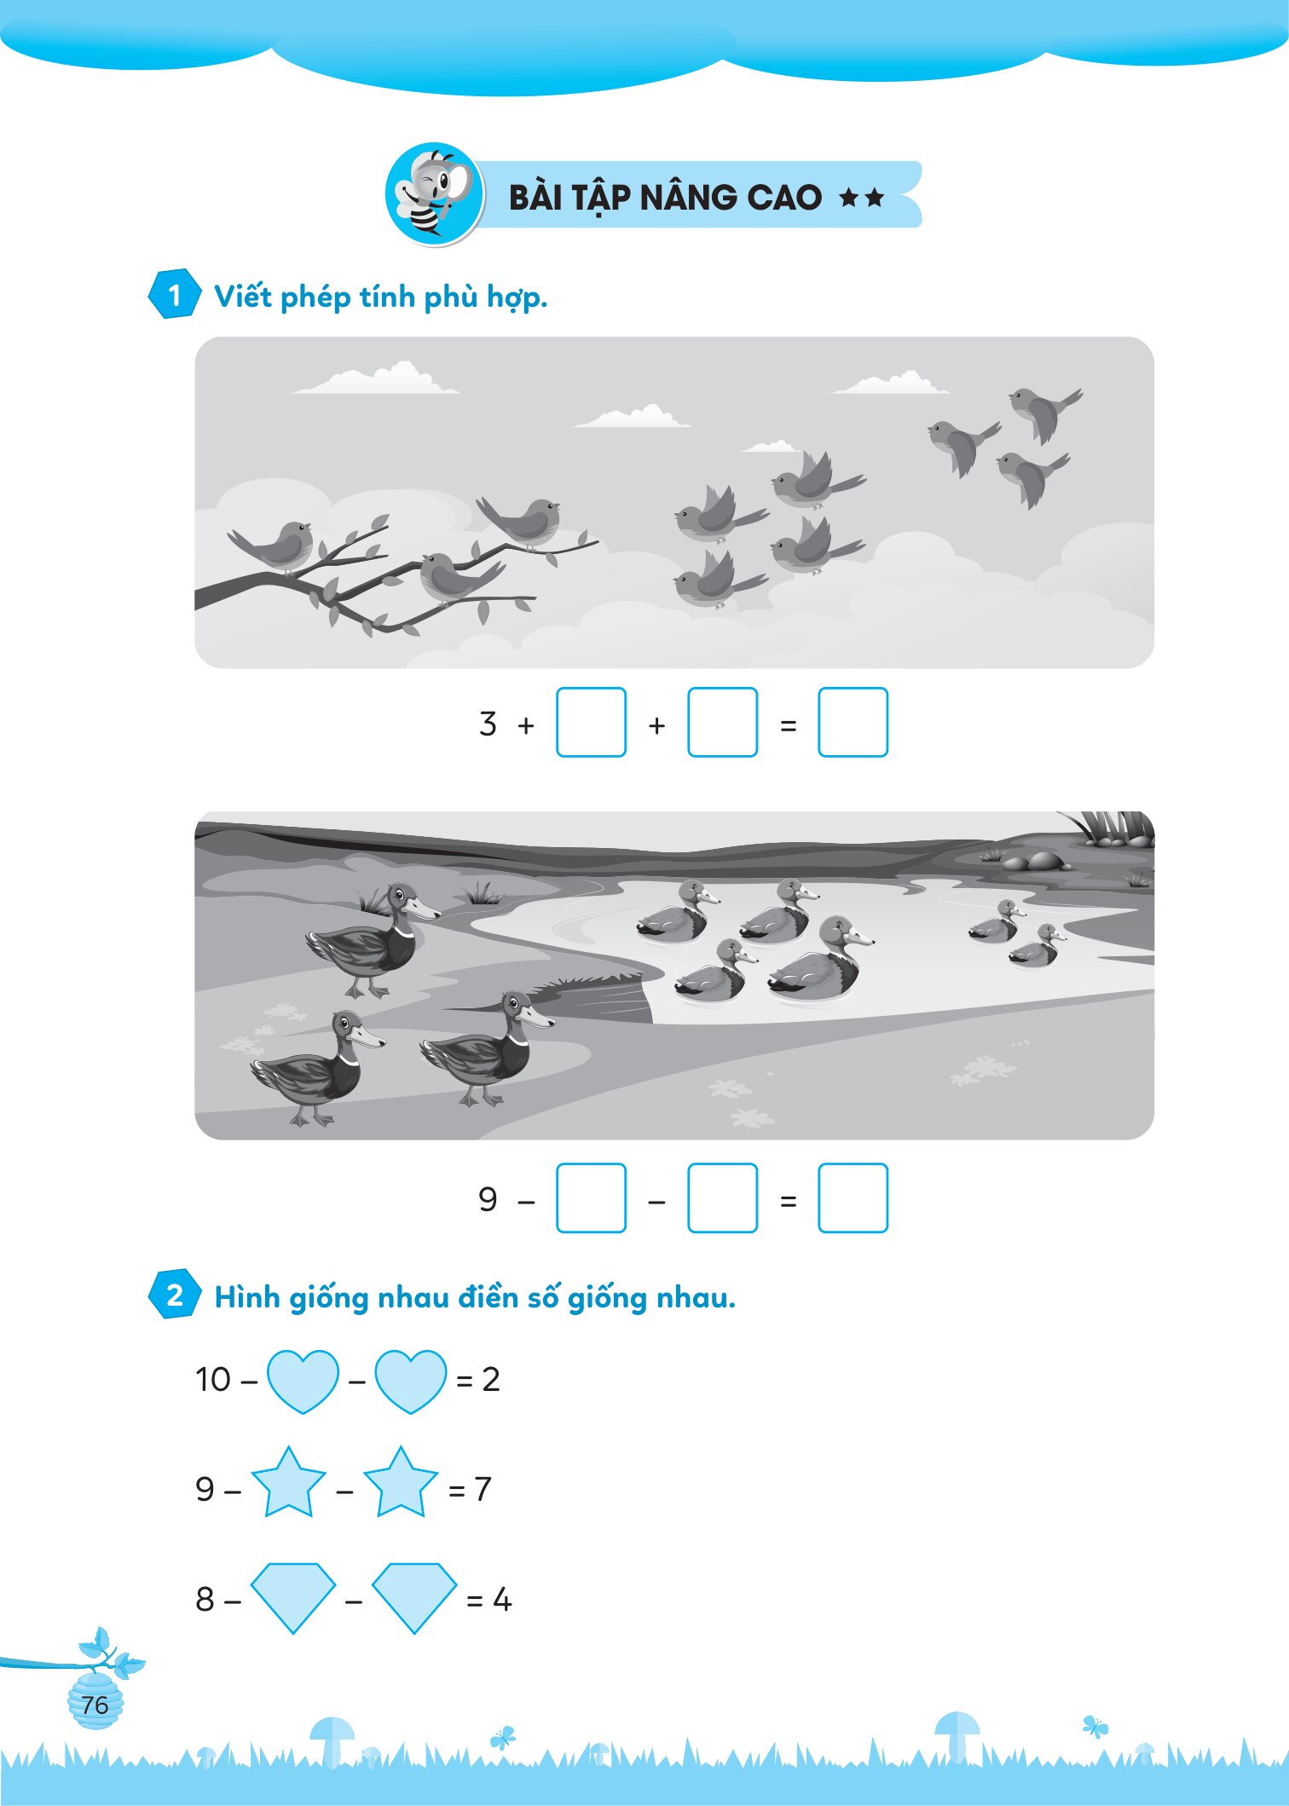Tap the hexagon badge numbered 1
175,295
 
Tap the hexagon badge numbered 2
175,1295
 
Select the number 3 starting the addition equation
488,724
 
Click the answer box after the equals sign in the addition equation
853,722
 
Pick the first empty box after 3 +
591,722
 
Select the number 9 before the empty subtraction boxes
488,1199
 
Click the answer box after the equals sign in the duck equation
853,1197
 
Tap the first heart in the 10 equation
303,1381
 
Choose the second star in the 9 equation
401,1483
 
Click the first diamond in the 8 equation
293,1597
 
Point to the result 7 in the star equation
483,1489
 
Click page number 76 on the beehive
95,1705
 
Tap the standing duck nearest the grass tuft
373,940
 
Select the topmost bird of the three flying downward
1043,413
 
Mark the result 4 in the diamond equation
502,1600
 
